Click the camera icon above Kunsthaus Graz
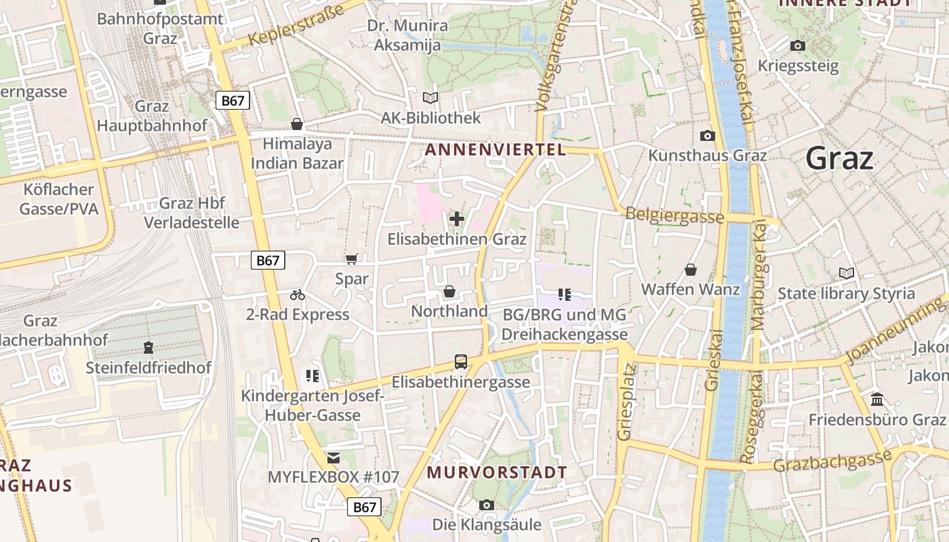tap(707, 135)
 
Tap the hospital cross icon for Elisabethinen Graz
tap(457, 219)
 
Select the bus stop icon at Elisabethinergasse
tap(461, 362)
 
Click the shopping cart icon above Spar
tap(351, 259)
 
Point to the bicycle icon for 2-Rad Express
tap(297, 295)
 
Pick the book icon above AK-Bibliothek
tap(430, 98)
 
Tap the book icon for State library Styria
tap(846, 273)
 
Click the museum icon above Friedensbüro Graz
tap(877, 399)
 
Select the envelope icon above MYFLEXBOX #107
tap(333, 457)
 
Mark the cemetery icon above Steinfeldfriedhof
tap(148, 348)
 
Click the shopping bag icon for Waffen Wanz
tap(690, 270)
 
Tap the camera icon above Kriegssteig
tap(798, 45)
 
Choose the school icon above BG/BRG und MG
tap(564, 294)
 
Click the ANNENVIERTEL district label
tap(495, 150)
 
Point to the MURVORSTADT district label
tap(498, 472)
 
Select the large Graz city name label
tap(839, 159)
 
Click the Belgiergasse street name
tap(674, 215)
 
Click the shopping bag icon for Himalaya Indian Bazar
tap(296, 124)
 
